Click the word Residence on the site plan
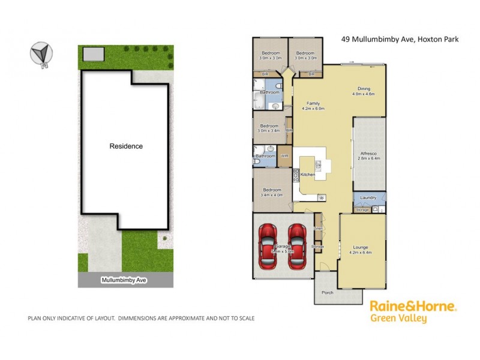click(x=126, y=146)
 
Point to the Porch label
click(x=327, y=293)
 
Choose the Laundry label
click(x=368, y=197)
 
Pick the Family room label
click(x=312, y=103)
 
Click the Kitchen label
click(x=308, y=175)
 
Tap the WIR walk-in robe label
click(x=284, y=156)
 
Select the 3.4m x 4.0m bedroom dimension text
click(x=271, y=195)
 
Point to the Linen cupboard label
click(x=319, y=229)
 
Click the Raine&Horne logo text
click(x=413, y=307)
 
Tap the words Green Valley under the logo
click(x=399, y=319)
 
